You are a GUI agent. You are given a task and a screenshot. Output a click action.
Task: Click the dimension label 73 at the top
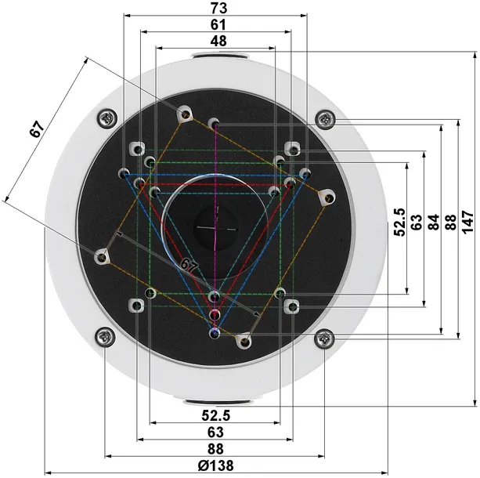(x=219, y=9)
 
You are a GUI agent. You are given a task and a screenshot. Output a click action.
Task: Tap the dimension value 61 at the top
(x=218, y=25)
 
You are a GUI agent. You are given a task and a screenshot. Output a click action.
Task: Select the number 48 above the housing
(x=218, y=41)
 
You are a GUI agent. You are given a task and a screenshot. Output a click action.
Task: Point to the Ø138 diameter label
(x=215, y=465)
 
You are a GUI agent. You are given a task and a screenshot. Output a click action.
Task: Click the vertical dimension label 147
(x=467, y=222)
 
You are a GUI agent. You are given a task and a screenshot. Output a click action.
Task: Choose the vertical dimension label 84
(x=434, y=223)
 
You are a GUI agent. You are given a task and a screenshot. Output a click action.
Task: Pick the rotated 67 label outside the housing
(x=37, y=129)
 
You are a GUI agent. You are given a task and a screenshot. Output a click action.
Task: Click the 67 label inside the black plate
(x=189, y=266)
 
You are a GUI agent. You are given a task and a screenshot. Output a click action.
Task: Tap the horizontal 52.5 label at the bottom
(x=216, y=415)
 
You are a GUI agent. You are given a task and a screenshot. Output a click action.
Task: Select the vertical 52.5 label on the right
(x=399, y=223)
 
